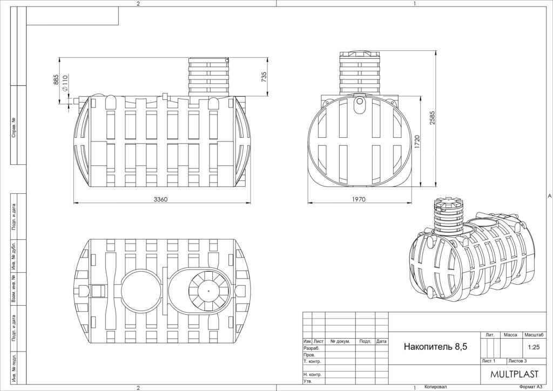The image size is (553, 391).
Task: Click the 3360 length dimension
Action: tap(160, 199)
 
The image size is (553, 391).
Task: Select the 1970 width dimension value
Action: tap(359, 199)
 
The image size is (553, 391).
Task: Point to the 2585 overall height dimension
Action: tap(433, 118)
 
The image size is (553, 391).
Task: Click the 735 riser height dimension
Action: tap(264, 77)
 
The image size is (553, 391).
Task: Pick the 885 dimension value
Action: tap(56, 79)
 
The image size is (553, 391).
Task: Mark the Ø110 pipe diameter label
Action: tap(65, 83)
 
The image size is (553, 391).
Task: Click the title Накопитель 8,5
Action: tap(435, 347)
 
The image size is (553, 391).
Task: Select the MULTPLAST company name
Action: tap(514, 374)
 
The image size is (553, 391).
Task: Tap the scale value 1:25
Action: tap(534, 347)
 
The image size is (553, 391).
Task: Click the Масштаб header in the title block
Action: tap(534, 335)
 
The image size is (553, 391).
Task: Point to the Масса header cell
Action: tap(510, 335)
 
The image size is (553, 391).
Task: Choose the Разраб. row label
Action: tap(312, 348)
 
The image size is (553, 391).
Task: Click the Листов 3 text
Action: tap(518, 361)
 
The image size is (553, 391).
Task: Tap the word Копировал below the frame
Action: tap(436, 387)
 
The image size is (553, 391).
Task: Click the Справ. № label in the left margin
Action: tap(14, 127)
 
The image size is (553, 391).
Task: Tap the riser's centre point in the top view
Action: tap(208, 291)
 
